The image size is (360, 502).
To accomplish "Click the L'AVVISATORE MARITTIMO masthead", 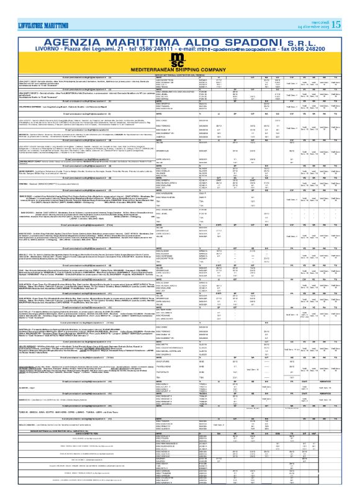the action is click(x=30, y=7).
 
